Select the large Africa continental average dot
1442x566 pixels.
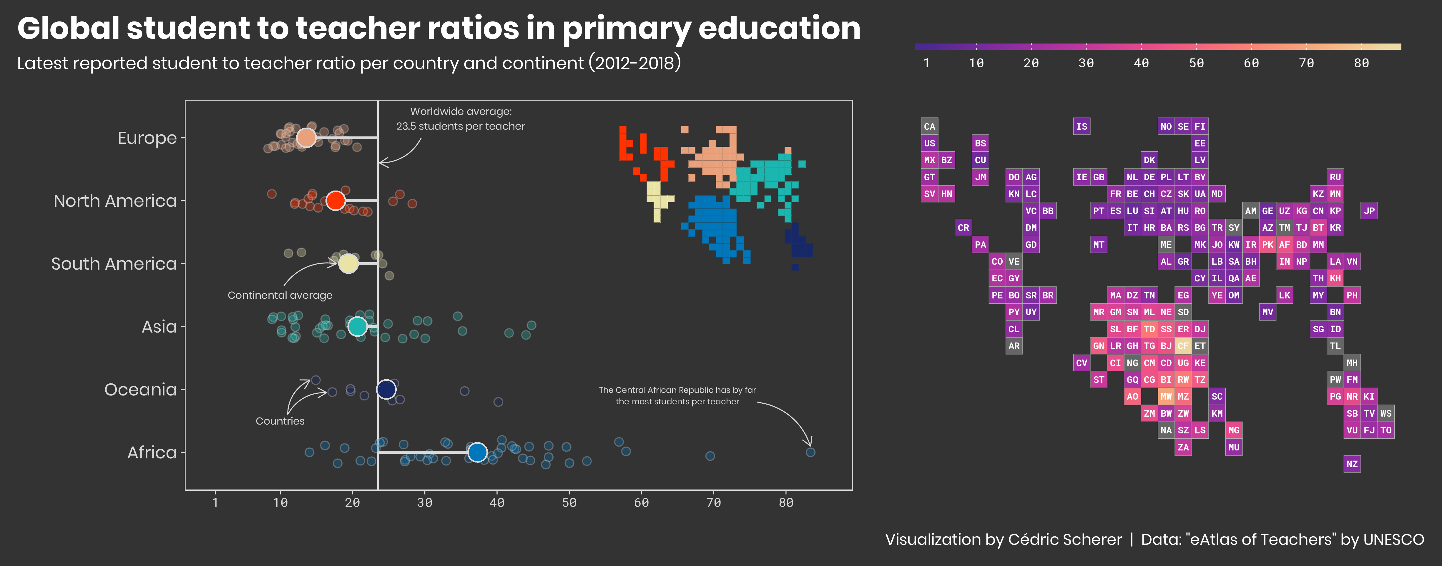477,452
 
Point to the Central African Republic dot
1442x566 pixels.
810,452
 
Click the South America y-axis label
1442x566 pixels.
114,263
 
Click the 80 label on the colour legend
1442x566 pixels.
1361,63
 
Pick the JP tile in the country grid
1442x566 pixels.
1369,211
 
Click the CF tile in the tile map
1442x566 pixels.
1183,346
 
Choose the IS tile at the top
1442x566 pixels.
1081,126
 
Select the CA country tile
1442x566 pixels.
929,126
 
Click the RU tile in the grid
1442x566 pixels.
1335,177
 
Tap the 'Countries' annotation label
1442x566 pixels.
280,420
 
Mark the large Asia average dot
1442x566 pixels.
357,326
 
